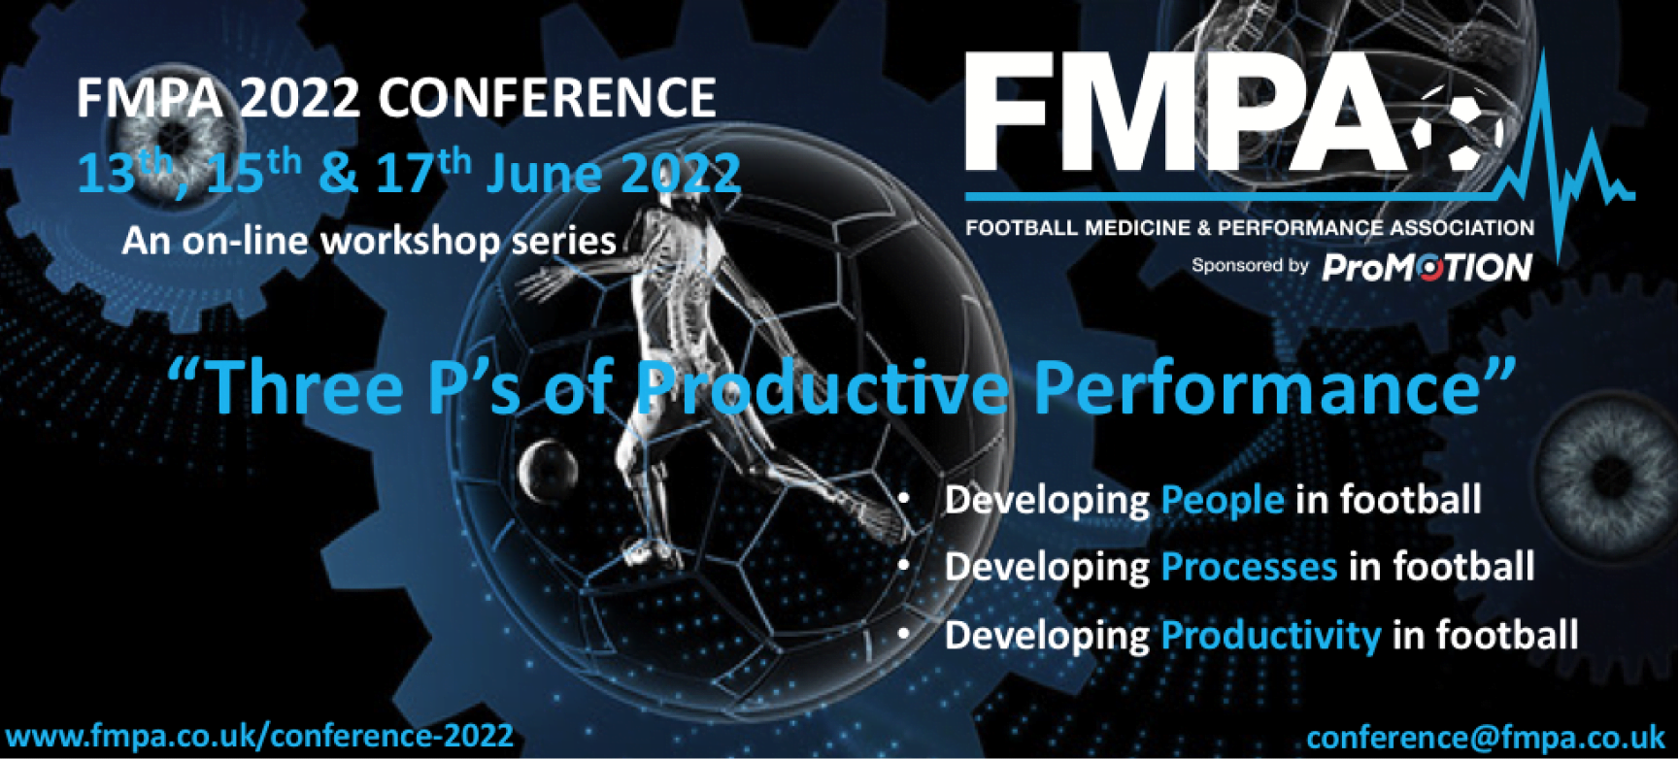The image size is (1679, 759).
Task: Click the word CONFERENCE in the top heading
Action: coord(547,98)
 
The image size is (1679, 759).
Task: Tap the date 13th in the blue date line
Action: coord(121,173)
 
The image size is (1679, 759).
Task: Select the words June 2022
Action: coord(613,173)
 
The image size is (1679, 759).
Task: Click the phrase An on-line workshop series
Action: coord(369,241)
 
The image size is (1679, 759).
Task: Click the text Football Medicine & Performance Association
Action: coord(1249,228)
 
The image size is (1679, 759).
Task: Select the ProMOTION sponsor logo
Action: coord(1427,267)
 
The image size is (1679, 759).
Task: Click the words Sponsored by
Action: coord(1250,265)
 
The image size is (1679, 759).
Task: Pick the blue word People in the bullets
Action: coord(1223,500)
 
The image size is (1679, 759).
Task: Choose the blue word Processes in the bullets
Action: coord(1249,567)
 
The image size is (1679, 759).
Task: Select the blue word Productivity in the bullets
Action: coord(1270,636)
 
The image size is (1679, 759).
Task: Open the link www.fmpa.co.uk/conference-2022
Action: coord(259,736)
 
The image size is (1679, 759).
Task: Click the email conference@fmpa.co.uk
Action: coord(1485,738)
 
